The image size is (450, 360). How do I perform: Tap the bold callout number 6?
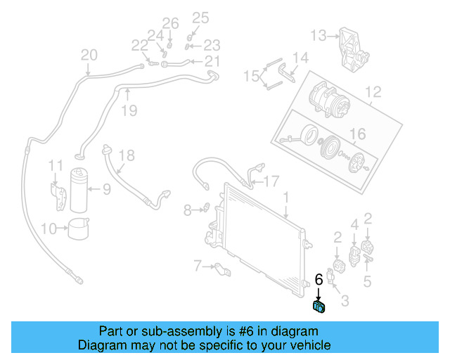(x=319, y=279)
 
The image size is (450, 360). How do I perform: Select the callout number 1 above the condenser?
(x=286, y=196)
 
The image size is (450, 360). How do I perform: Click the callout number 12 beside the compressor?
(x=373, y=91)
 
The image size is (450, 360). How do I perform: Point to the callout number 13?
(x=319, y=35)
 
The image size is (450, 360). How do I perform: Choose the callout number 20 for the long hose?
(x=89, y=55)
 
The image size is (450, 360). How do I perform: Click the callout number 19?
(x=129, y=110)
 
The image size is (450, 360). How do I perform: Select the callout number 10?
(x=49, y=228)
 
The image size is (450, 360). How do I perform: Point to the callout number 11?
(x=56, y=165)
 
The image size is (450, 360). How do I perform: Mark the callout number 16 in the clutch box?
(x=358, y=134)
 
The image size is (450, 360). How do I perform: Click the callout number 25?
(x=200, y=18)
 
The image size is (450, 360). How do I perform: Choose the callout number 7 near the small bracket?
(x=198, y=265)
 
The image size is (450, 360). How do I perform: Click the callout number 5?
(x=367, y=283)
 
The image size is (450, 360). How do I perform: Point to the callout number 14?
(x=300, y=58)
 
